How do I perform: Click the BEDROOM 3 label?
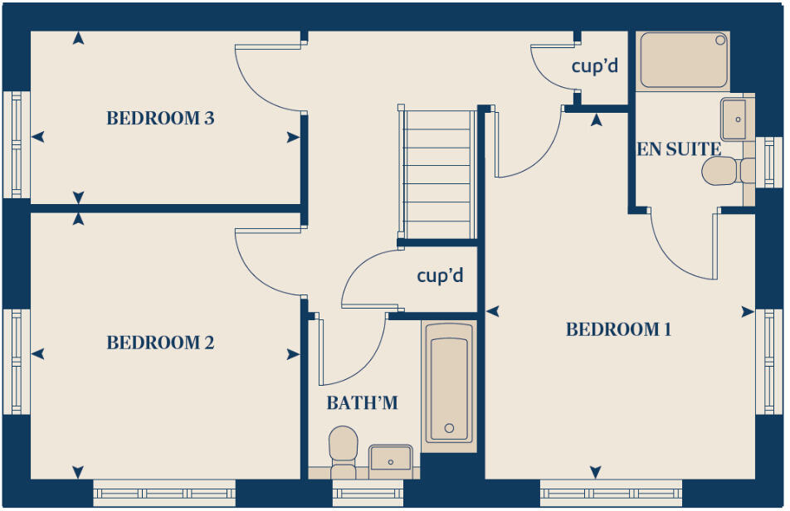(160, 119)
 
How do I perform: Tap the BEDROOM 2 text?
(160, 343)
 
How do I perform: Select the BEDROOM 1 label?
(618, 330)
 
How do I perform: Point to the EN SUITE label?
(678, 149)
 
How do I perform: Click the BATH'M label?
(362, 403)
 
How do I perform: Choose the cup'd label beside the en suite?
(595, 66)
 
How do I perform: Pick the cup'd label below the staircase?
(440, 275)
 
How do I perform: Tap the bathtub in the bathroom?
(449, 382)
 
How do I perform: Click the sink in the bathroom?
(390, 458)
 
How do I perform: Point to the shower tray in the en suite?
(685, 60)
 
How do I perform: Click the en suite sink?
(734, 119)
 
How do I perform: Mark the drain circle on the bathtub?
(449, 429)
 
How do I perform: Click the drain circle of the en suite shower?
(720, 40)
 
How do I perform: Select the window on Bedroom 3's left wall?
(16, 144)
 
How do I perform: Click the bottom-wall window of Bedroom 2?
(164, 493)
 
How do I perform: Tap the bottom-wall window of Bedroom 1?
(611, 493)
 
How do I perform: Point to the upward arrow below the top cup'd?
(596, 120)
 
